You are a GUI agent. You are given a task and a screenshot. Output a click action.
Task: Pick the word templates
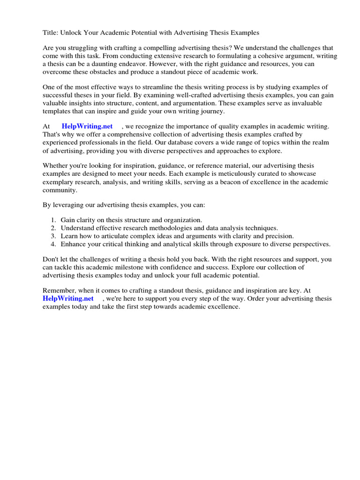[x=57, y=111]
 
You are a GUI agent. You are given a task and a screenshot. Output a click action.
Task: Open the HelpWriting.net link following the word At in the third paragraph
[x=87, y=126]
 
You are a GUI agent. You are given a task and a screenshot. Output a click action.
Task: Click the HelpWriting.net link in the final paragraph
[x=68, y=299]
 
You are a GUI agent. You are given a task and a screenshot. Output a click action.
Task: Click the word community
[x=60, y=190]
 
